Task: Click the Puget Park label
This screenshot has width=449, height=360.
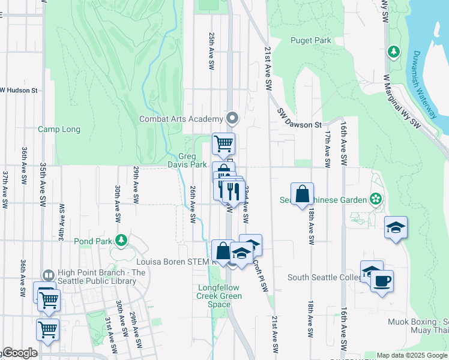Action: click(311, 40)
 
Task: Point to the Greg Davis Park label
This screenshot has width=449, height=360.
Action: click(192, 160)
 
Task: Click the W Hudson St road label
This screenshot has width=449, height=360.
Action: click(19, 91)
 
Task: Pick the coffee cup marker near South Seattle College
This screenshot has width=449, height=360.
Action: click(382, 280)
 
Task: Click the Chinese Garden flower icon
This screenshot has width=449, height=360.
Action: click(376, 198)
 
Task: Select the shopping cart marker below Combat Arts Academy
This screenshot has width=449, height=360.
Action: click(223, 143)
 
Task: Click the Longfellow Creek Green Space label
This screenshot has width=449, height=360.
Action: click(220, 296)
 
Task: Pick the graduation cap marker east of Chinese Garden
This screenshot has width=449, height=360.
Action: click(396, 227)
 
